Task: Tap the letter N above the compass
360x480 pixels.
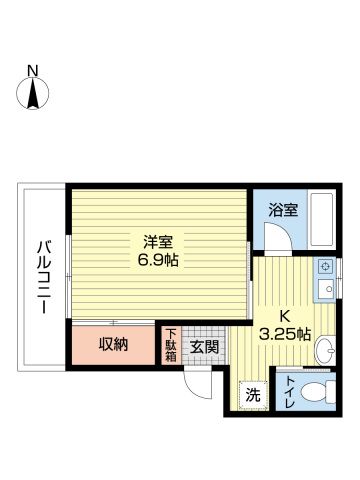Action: click(33, 70)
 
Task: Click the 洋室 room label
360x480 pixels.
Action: click(158, 241)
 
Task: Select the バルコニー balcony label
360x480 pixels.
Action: click(44, 277)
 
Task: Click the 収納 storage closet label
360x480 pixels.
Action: click(113, 345)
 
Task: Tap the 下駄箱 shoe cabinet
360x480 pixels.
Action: click(171, 345)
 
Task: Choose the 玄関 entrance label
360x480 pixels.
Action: click(205, 346)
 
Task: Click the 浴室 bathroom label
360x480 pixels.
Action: click(283, 211)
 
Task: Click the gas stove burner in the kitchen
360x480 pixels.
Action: click(325, 268)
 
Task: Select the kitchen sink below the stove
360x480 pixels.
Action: click(325, 290)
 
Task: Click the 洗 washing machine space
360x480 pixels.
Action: click(253, 394)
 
